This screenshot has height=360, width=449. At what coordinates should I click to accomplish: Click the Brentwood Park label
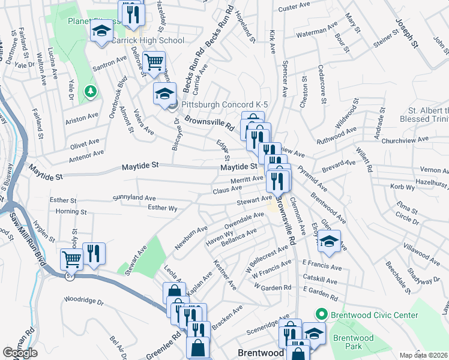point(354,342)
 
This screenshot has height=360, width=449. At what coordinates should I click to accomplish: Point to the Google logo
point(20,353)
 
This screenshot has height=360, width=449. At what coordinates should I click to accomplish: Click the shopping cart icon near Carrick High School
point(154,62)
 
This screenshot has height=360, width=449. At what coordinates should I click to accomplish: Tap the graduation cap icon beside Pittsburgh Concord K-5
point(164,93)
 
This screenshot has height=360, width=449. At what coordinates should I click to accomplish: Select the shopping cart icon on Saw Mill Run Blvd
point(71,259)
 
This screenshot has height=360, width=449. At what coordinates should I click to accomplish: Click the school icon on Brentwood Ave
point(328,241)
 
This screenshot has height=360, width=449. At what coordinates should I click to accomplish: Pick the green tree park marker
point(91,91)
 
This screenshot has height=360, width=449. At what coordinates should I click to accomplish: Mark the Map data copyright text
point(423,355)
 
